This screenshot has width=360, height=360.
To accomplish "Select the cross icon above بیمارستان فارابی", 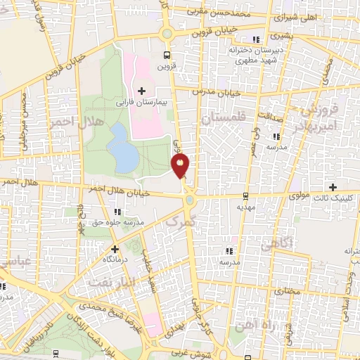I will [x=142, y=90].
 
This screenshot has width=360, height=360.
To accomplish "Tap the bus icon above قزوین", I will [x=166, y=56].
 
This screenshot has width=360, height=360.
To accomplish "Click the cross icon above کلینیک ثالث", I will [x=333, y=186].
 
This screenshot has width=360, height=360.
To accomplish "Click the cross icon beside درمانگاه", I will [x=115, y=248].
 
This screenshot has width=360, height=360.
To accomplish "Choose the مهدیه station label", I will [x=245, y=207].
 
